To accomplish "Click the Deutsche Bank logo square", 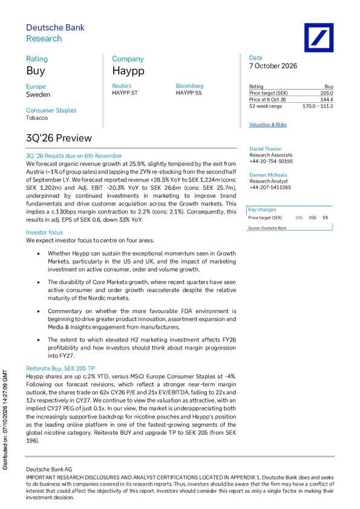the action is pos(319,37).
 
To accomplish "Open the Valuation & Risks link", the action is pos(267,125).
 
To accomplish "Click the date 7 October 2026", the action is pos(273,66).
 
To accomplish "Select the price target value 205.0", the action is pos(327,93).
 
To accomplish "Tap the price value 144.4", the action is pos(327,100).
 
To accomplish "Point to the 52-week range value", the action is pos(318,106).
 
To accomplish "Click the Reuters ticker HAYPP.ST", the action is pos(125,93).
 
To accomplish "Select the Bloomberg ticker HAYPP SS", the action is pos(188,93).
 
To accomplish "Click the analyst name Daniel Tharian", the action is pos(265,149).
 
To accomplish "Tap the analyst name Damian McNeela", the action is pos(268,175).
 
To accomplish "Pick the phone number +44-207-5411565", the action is pos(270,187).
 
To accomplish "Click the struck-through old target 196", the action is pos(299,218).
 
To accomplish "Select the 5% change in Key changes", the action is pos(326,218).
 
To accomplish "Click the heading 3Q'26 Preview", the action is pos(59,138).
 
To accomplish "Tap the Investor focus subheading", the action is pos(44,232).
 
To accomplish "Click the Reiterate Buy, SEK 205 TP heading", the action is pos(60,368).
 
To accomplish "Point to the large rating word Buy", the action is pos(36,71).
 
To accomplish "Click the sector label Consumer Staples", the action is pos(51,111).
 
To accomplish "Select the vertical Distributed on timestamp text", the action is pos(5,420).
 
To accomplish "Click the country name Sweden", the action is pos(38,95).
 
